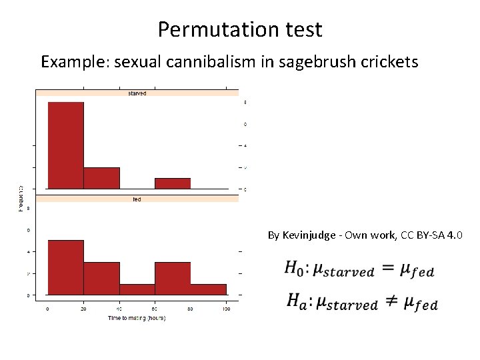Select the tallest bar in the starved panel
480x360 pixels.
[x=66, y=145]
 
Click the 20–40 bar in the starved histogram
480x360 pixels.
[x=102, y=178]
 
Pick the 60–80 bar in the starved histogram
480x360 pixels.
[x=173, y=183]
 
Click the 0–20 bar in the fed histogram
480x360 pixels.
[x=66, y=267]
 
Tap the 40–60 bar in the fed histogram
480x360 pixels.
[x=137, y=289]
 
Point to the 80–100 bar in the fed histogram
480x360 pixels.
[x=209, y=289]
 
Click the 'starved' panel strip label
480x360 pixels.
[x=137, y=93]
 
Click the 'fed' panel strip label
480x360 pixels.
[x=137, y=199]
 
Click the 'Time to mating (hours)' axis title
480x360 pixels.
[x=137, y=319]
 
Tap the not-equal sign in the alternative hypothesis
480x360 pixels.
[x=389, y=303]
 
